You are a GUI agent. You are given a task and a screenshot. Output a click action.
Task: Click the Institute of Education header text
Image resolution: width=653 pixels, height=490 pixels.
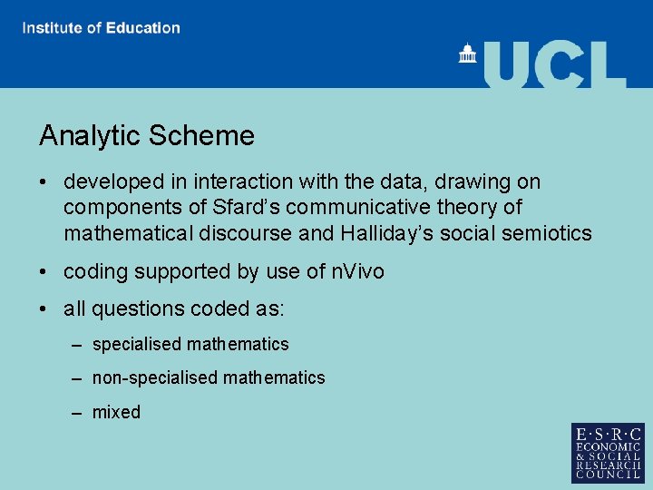[102, 27]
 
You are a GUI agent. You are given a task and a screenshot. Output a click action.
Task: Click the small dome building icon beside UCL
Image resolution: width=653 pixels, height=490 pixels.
[468, 54]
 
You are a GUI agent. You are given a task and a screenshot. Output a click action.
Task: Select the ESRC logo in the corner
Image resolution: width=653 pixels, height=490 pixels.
[608, 453]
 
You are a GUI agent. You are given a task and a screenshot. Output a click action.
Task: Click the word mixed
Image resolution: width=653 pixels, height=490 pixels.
[116, 412]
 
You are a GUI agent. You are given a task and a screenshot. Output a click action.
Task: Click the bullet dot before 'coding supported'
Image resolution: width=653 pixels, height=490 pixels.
[44, 272]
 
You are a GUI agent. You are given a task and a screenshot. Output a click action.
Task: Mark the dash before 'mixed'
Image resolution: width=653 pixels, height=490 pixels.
[79, 413]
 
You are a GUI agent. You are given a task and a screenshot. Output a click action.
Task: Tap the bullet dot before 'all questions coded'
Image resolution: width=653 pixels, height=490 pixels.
[44, 309]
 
